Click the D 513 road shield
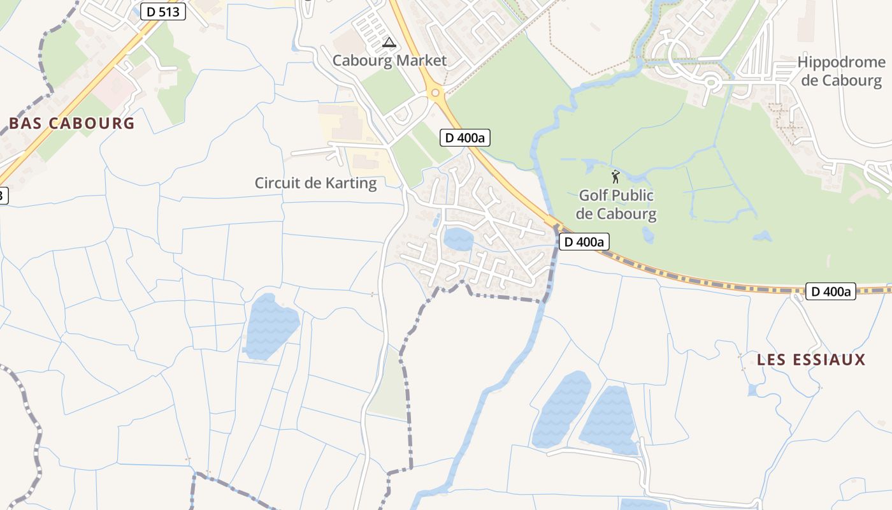pyautogui.click(x=162, y=11)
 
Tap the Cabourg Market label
pyautogui.click(x=389, y=61)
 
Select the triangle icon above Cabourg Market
pyautogui.click(x=389, y=43)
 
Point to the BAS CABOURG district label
pyautogui.click(x=72, y=124)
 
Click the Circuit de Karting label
pyautogui.click(x=315, y=184)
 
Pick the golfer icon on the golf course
pyautogui.click(x=615, y=177)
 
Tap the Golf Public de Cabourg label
pyautogui.click(x=616, y=205)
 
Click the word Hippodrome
pyautogui.click(x=841, y=62)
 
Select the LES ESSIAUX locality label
pyautogui.click(x=811, y=360)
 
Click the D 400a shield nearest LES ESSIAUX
pyautogui.click(x=830, y=291)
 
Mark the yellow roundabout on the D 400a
pyautogui.click(x=435, y=93)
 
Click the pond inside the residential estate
pyautogui.click(x=459, y=240)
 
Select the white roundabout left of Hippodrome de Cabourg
pyautogui.click(x=711, y=82)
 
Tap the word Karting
pyautogui.click(x=349, y=184)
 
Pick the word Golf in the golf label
pyautogui.click(x=593, y=195)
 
